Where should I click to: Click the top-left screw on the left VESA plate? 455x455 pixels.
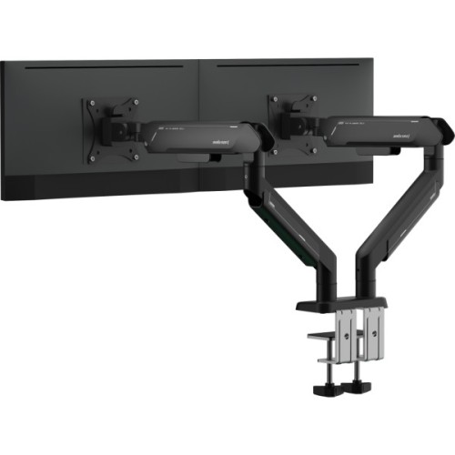pyautogui.click(x=89, y=103)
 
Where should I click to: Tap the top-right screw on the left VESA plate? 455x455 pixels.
pyautogui.click(x=136, y=101)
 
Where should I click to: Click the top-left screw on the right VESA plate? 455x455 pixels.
pyautogui.click(x=271, y=96)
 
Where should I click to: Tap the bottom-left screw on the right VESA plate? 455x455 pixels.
pyautogui.click(x=271, y=152)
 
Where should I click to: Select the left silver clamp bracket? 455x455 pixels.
pyautogui.click(x=347, y=337)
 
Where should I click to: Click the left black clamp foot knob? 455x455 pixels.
pyautogui.click(x=324, y=389)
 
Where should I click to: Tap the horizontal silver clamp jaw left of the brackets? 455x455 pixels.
pyautogui.click(x=321, y=339)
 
